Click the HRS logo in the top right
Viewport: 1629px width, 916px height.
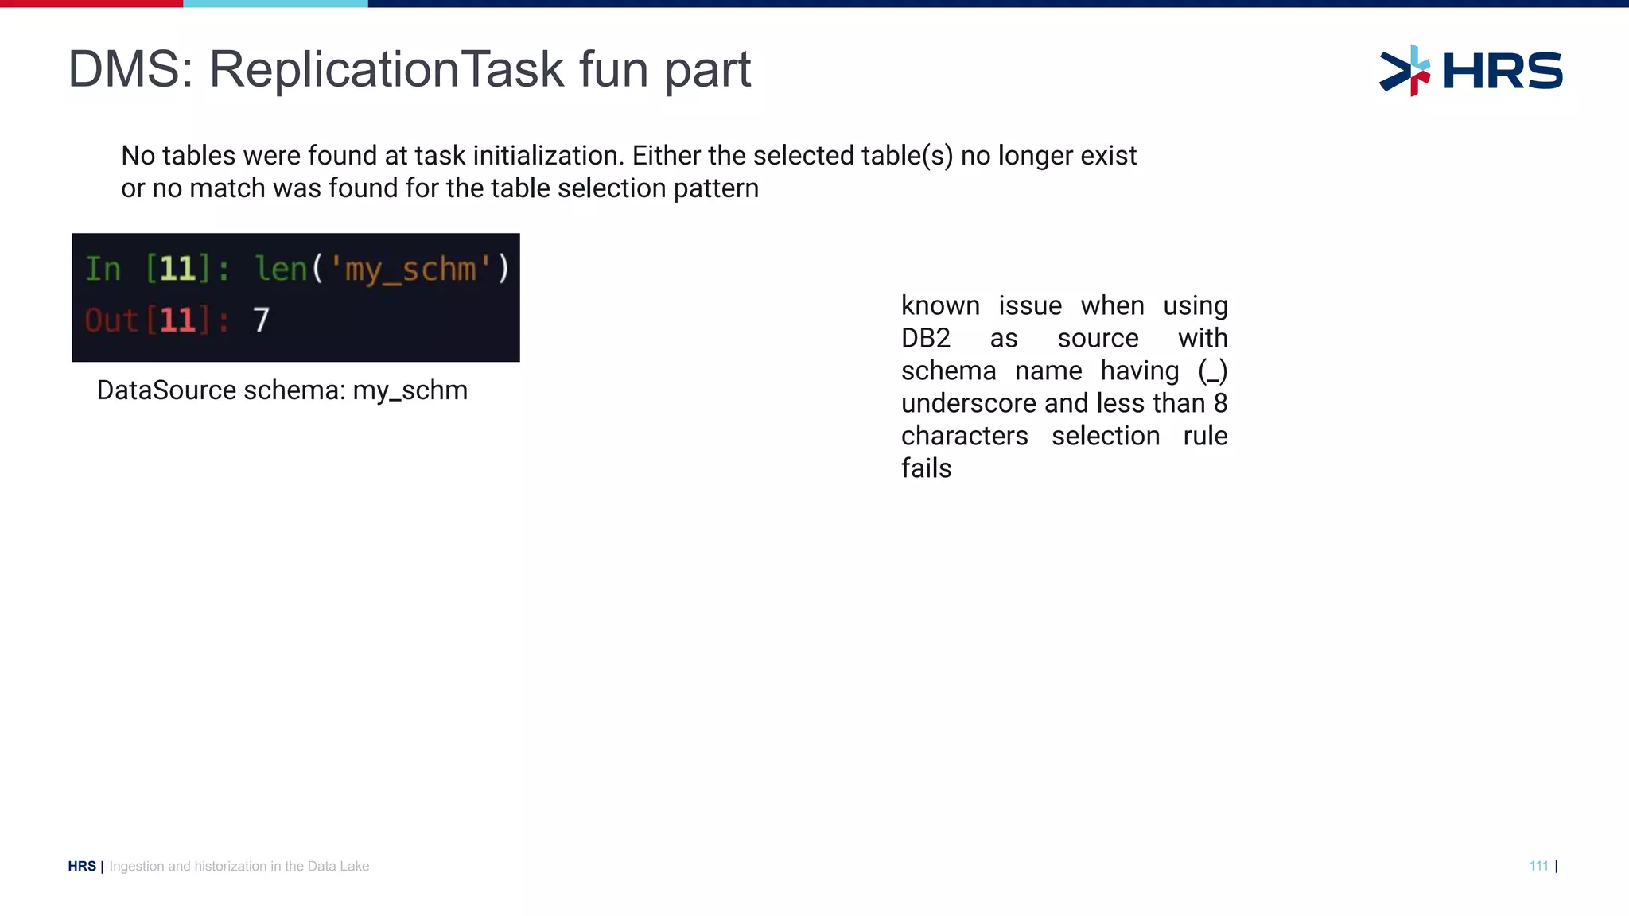(x=1471, y=71)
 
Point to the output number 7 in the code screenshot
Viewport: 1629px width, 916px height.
(x=262, y=320)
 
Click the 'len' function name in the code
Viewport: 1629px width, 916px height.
(x=281, y=269)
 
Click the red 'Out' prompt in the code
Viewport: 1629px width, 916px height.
(x=111, y=320)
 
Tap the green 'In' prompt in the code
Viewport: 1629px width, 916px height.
(x=103, y=269)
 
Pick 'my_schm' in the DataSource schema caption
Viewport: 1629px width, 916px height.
(x=410, y=391)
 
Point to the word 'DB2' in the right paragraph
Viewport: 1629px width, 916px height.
(x=925, y=339)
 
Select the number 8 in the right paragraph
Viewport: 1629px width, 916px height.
(x=1220, y=404)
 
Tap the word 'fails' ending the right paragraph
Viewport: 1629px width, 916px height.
(x=926, y=469)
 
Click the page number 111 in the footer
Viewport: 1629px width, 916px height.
(x=1538, y=866)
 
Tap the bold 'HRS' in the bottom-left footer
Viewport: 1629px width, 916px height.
(x=82, y=866)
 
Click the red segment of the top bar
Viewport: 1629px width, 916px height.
(x=91, y=3)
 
